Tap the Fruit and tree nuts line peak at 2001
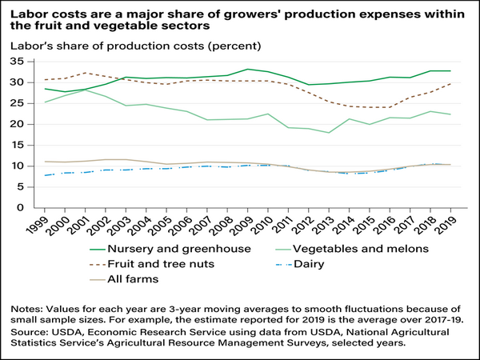(86, 73)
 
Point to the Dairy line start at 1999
(46, 175)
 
